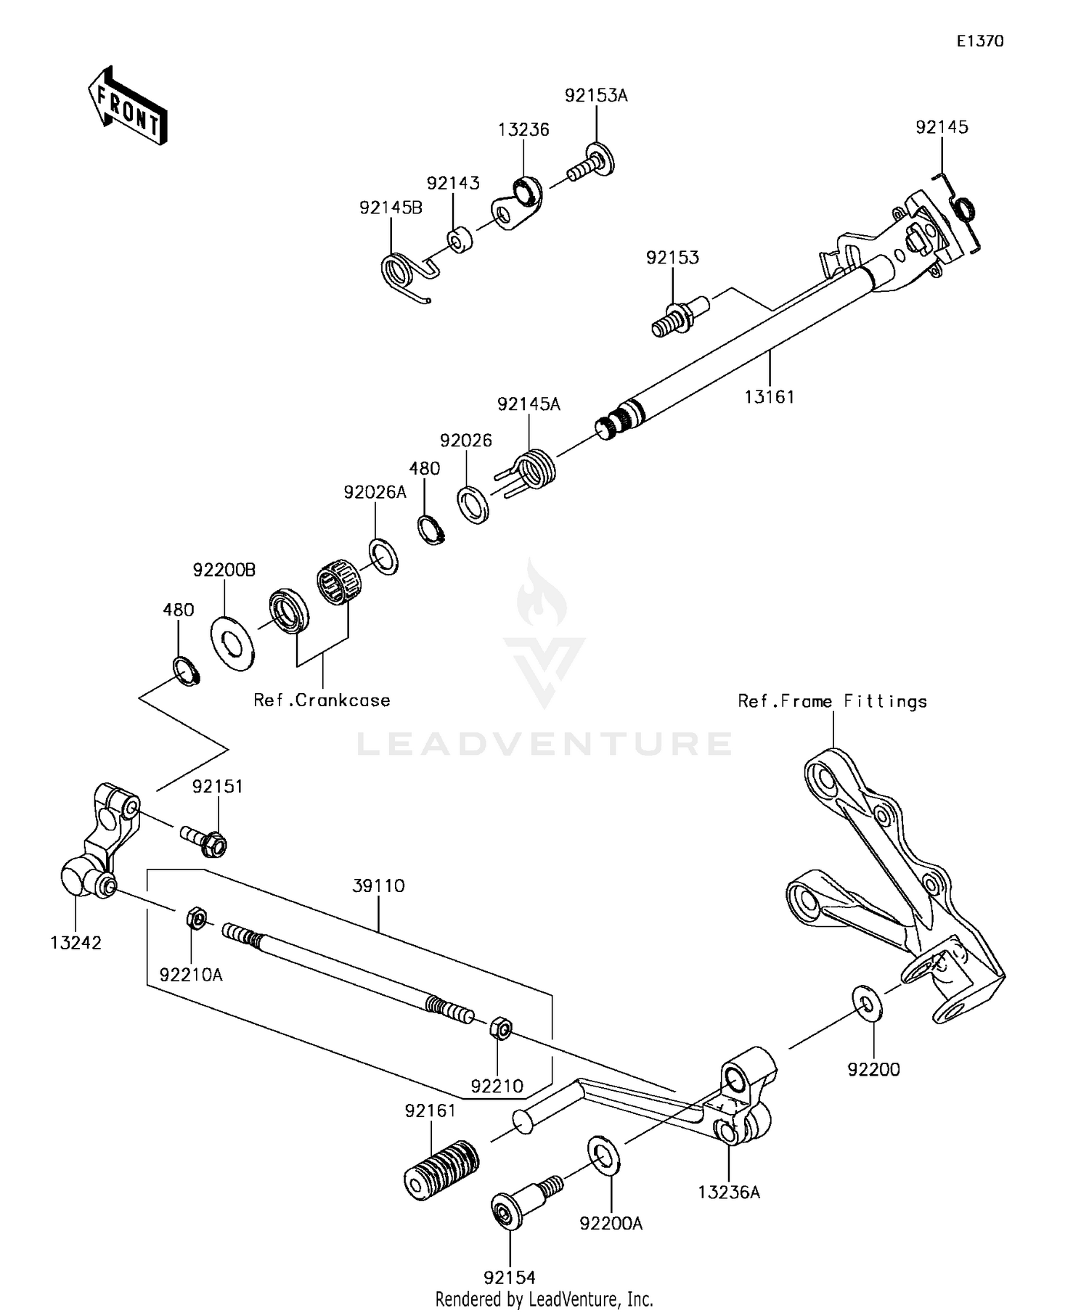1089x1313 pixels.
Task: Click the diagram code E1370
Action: click(x=979, y=41)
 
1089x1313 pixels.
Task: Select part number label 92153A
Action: click(x=596, y=95)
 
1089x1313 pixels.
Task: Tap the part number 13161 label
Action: click(x=770, y=397)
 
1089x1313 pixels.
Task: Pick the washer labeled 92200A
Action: click(x=603, y=1153)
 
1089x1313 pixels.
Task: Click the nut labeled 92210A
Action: click(x=195, y=920)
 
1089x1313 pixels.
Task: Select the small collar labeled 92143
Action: click(x=459, y=239)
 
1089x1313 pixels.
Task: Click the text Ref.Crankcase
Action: click(x=322, y=700)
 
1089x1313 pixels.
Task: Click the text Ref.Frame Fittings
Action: click(x=832, y=701)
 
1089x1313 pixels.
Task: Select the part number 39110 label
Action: click(x=378, y=885)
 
